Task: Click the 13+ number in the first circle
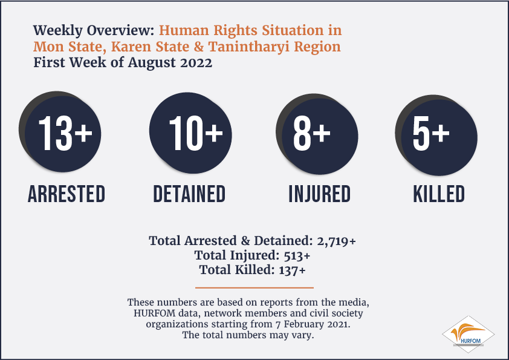65,133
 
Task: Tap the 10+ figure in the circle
196,133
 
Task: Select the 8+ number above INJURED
312,133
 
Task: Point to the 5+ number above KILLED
431,133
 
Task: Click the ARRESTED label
66,194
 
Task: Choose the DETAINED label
189,194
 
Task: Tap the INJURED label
320,194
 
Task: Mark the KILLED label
439,194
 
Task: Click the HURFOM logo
468,335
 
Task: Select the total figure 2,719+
336,241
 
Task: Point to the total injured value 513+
297,256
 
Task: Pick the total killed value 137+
292,270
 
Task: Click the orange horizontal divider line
254,287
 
